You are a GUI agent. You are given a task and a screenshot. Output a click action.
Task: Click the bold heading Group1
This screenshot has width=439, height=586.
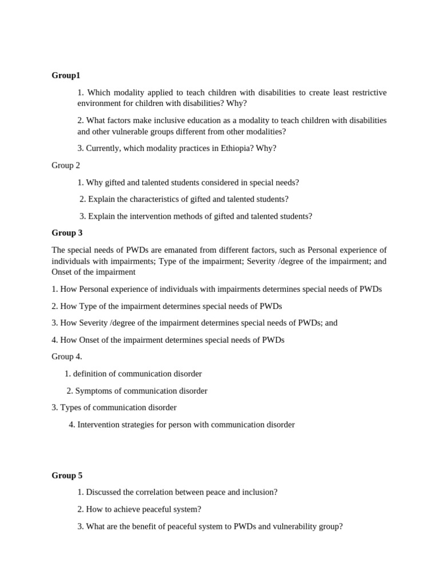pos(66,76)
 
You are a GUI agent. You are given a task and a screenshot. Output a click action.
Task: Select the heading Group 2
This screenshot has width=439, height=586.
pos(66,165)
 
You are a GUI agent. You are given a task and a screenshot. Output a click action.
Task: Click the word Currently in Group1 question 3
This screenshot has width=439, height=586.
pos(103,148)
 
